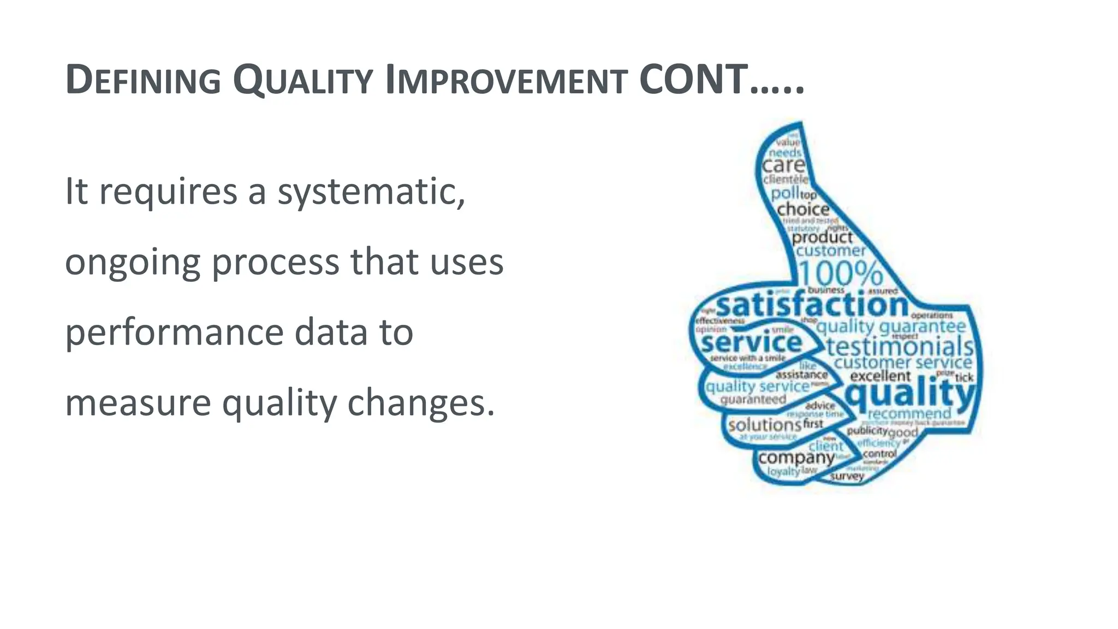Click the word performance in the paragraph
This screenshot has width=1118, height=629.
point(174,333)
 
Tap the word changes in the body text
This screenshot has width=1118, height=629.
point(420,403)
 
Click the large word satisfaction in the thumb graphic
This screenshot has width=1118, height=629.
point(812,305)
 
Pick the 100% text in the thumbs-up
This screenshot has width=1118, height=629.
point(841,272)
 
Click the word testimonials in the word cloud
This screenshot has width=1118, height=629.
point(900,347)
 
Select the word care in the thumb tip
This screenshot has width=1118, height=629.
point(783,165)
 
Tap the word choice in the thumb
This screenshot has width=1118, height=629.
point(803,209)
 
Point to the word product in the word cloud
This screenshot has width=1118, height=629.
point(822,238)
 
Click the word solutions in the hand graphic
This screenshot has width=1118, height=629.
point(764,425)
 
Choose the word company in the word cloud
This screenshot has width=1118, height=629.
point(796,458)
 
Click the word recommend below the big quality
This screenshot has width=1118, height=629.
point(909,413)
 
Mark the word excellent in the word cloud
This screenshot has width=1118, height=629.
point(880,376)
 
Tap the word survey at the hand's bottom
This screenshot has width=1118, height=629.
point(847,476)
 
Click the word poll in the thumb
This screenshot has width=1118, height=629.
point(784,193)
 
